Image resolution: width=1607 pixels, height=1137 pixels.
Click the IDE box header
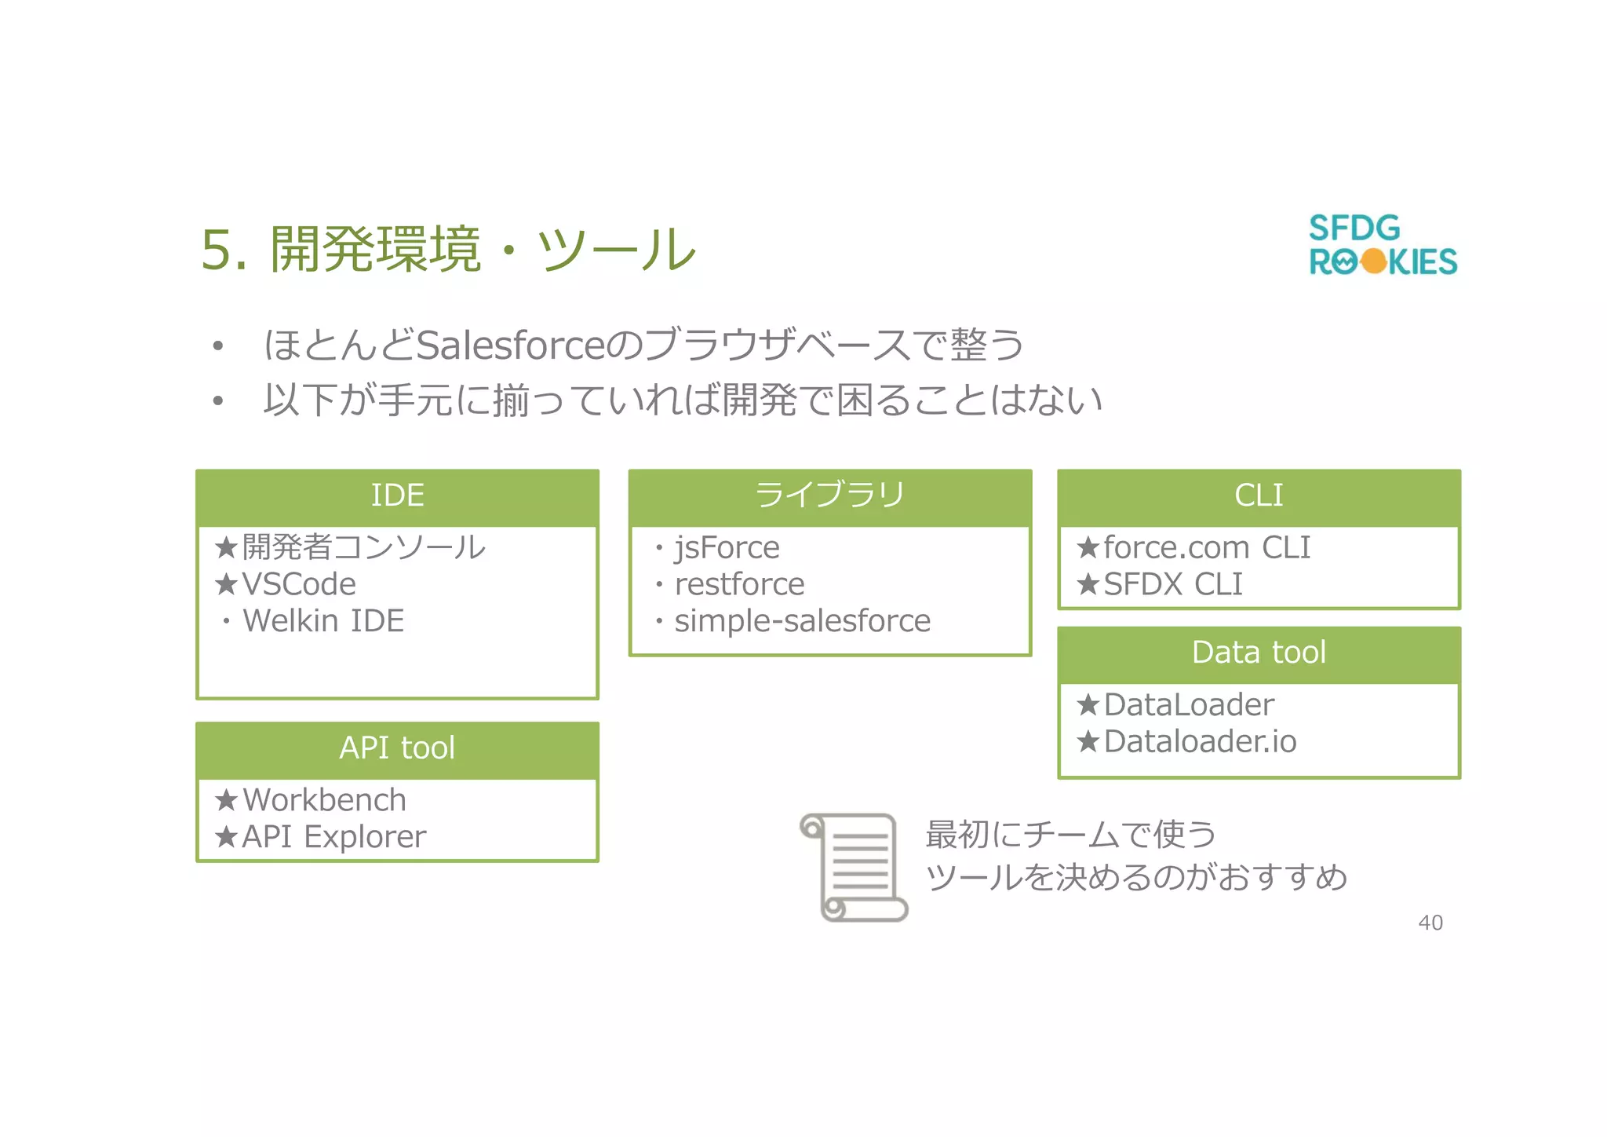click(x=397, y=496)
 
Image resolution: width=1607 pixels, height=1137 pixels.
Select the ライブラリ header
click(x=829, y=496)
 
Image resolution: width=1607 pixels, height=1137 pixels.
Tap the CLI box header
click(x=1258, y=496)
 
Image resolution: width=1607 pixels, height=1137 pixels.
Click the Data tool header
click(x=1258, y=653)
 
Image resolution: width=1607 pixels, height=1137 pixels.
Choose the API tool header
click(x=397, y=748)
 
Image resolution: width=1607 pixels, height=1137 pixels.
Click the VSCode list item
click(x=298, y=585)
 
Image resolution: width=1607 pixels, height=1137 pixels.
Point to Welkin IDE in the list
click(x=323, y=622)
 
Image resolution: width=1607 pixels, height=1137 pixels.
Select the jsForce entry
click(x=727, y=548)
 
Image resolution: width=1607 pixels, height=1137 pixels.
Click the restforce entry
click(x=739, y=585)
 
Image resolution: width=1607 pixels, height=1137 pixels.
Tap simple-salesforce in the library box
click(x=802, y=622)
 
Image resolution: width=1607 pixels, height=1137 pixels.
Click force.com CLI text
click(x=1206, y=548)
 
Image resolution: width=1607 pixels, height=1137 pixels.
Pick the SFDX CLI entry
click(x=1172, y=585)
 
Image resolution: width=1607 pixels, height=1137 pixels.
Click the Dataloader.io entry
click(x=1199, y=742)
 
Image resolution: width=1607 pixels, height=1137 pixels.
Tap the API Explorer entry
click(x=333, y=837)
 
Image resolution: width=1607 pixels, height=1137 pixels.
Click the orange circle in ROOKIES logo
click(x=1373, y=261)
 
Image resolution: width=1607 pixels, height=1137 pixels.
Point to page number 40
click(x=1430, y=923)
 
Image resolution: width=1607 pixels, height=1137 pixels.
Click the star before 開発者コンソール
click(x=226, y=547)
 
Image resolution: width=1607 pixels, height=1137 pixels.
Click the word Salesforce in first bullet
click(x=510, y=345)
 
